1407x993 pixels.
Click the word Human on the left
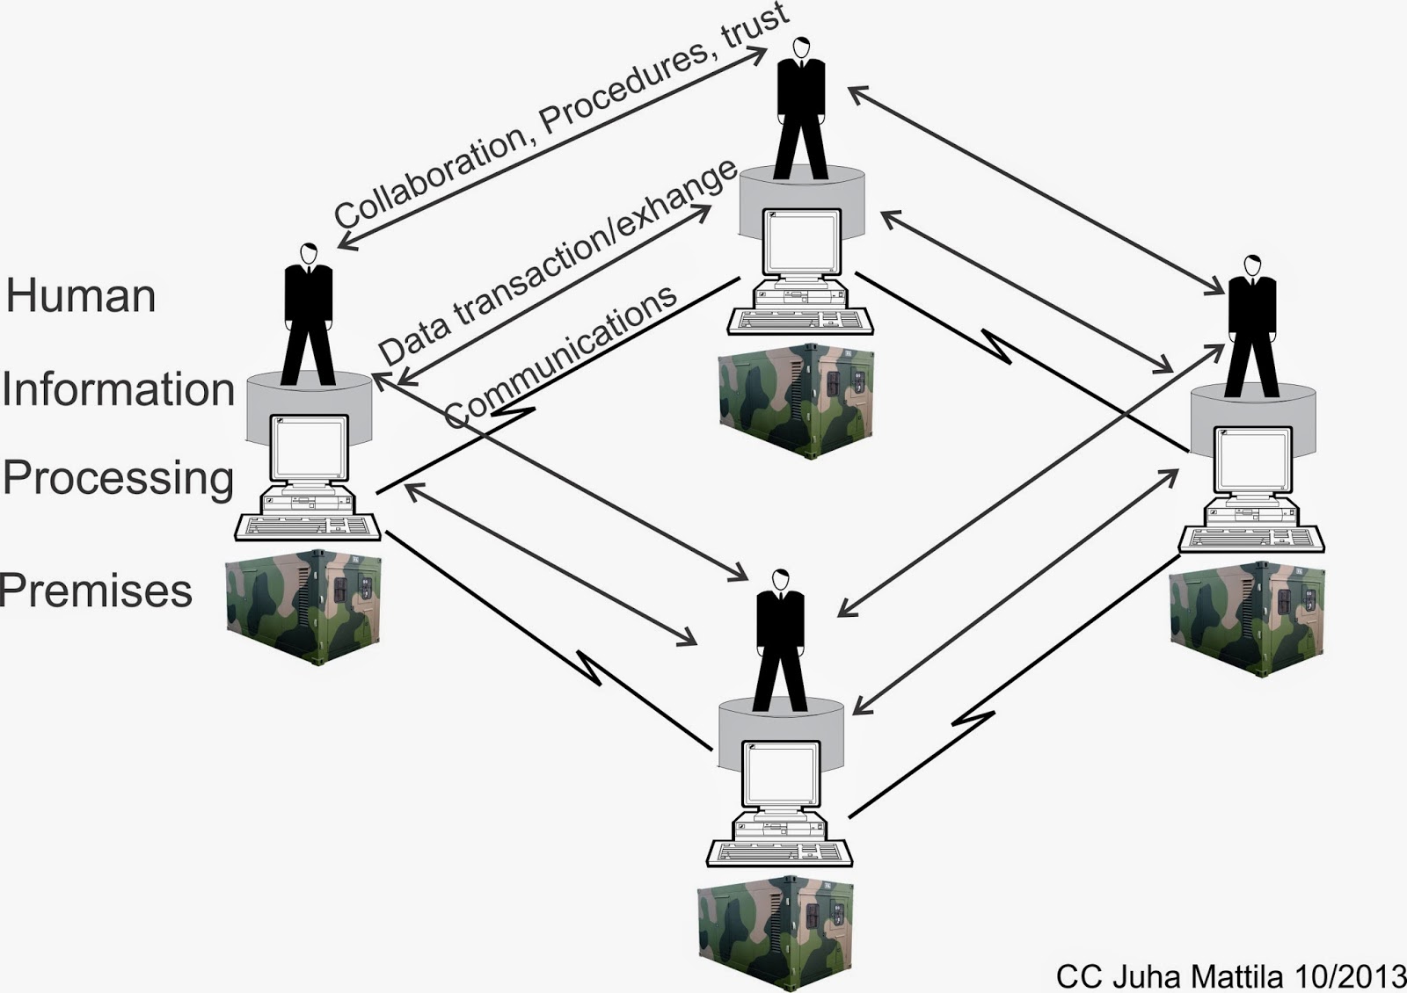click(x=81, y=295)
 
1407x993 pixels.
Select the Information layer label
click(x=119, y=388)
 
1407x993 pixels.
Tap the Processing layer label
click(x=119, y=478)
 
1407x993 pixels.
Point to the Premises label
click(x=97, y=590)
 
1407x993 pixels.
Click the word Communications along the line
click(x=561, y=355)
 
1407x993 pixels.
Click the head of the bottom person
click(x=779, y=580)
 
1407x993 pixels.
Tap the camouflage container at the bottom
click(x=775, y=932)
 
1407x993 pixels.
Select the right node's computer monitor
click(x=1252, y=461)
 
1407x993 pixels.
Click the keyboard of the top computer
click(x=800, y=321)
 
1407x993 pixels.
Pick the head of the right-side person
click(x=1251, y=265)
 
